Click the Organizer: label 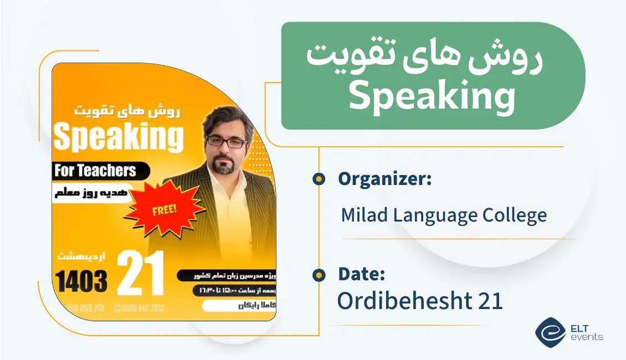pos(384,179)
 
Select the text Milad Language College pos(444,215)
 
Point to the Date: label pos(361,274)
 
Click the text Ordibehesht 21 pos(420,301)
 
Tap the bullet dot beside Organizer pos(319,179)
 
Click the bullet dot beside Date pos(319,274)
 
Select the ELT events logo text pos(586,332)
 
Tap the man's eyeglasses pos(227,142)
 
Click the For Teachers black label pos(95,171)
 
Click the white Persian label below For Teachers pos(89,193)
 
